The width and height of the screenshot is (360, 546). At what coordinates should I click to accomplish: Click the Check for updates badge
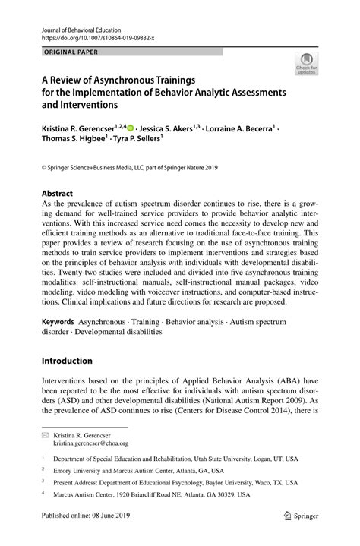(307, 63)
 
